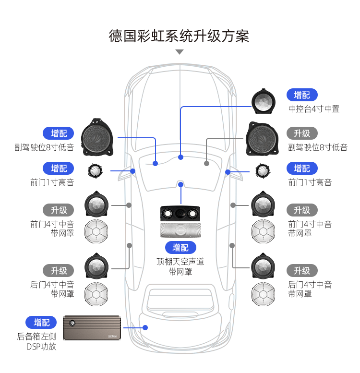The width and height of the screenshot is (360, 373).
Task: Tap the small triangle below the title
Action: click(180, 52)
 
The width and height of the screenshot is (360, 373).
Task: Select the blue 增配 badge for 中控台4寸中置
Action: click(302, 95)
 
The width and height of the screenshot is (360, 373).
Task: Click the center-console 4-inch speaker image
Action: click(264, 101)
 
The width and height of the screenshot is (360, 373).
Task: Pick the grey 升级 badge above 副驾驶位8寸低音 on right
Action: click(302, 133)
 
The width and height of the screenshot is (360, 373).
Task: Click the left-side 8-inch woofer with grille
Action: click(97, 138)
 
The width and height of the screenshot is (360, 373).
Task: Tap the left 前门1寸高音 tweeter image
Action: click(96, 170)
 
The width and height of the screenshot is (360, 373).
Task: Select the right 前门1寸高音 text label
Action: click(310, 182)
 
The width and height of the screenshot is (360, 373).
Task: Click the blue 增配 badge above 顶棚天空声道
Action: click(180, 247)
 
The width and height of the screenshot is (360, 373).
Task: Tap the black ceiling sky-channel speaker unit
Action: click(180, 213)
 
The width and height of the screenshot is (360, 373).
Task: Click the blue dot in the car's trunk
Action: click(145, 327)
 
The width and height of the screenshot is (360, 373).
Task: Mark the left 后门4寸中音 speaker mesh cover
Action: click(96, 292)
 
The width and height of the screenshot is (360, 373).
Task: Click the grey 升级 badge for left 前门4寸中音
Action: click(59, 210)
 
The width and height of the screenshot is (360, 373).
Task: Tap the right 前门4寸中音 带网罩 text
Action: click(310, 229)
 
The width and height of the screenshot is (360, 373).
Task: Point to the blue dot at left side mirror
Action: click(132, 170)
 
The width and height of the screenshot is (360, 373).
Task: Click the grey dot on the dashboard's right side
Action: click(206, 163)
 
